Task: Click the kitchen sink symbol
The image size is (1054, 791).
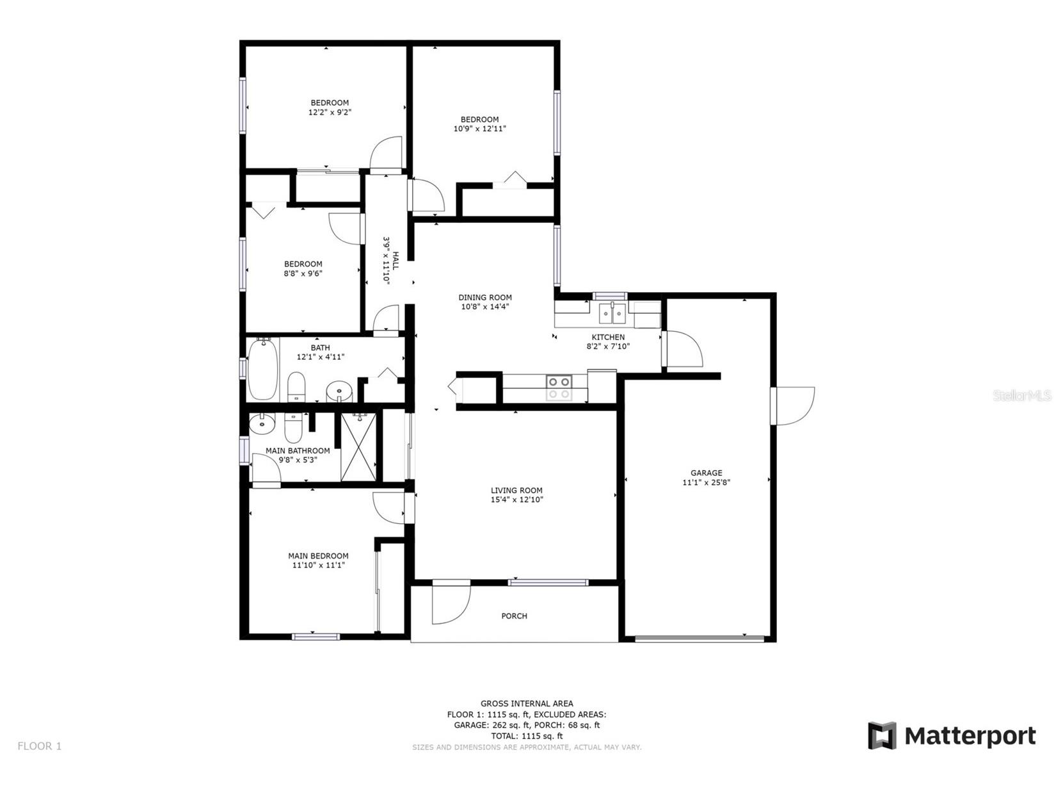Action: click(612, 314)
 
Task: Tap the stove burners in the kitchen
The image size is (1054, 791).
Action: click(559, 387)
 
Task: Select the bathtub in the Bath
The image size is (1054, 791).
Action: click(262, 369)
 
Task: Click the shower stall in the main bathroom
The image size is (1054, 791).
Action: click(358, 447)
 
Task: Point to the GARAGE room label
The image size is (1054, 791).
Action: click(706, 473)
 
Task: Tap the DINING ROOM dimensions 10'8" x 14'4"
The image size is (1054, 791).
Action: click(484, 307)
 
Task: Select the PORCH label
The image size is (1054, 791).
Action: click(514, 616)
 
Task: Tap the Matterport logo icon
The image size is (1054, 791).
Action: click(881, 735)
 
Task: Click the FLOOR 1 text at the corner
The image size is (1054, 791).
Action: click(40, 746)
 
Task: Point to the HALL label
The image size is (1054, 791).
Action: click(395, 259)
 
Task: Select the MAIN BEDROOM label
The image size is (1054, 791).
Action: click(318, 556)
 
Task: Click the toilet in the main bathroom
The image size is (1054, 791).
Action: click(293, 427)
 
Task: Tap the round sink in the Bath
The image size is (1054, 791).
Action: click(339, 390)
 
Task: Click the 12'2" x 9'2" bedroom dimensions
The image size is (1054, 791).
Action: click(330, 112)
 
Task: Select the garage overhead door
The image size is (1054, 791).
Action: click(699, 638)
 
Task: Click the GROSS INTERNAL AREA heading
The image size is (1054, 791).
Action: click(526, 703)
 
